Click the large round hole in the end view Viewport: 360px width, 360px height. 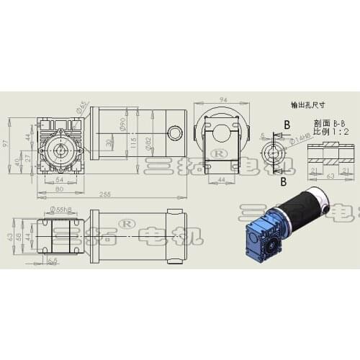click(x=223, y=132)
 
